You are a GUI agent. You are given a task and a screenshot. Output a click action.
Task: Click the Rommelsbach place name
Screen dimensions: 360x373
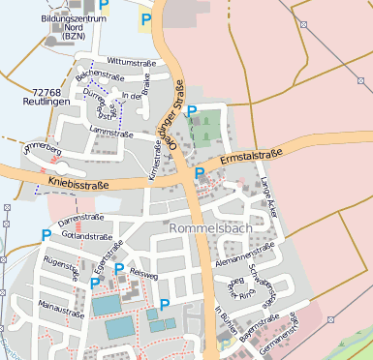210,228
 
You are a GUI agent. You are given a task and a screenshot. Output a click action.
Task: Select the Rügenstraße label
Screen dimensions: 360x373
60,261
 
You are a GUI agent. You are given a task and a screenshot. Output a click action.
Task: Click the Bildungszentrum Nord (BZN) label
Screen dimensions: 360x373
69,26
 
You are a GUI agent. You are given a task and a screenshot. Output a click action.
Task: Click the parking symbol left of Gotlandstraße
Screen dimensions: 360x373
46,235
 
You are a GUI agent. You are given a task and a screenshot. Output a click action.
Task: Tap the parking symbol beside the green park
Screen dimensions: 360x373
191,111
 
